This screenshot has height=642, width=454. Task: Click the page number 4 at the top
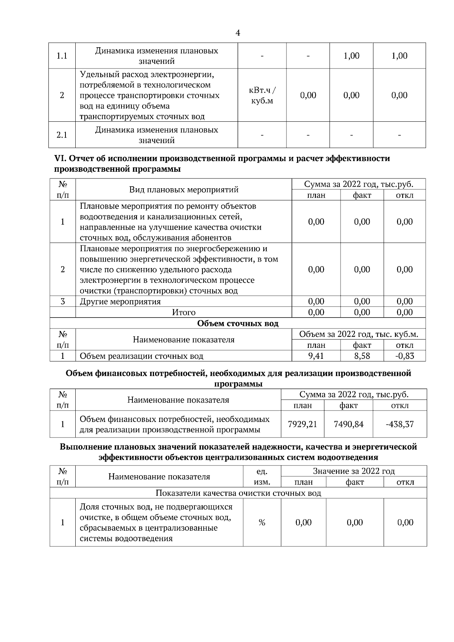pos(238,33)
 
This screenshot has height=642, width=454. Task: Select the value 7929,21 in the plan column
pos(302,424)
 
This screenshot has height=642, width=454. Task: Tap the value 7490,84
pos(348,424)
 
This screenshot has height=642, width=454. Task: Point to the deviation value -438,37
pos(400,424)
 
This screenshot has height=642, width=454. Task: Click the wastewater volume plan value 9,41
pos(316,356)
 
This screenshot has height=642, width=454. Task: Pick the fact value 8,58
pos(362,356)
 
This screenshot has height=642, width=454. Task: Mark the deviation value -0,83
pos(404,356)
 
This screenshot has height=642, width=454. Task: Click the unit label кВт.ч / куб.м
pos(262,96)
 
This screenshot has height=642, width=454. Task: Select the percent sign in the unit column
pos(262,523)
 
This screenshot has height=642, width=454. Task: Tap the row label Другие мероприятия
pos(120,302)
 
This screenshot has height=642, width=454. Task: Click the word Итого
pos(184,312)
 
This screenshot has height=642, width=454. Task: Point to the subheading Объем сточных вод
pos(238,324)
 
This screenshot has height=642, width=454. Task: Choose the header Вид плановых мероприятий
pos(184,190)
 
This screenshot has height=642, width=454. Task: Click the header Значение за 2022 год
pos(353,471)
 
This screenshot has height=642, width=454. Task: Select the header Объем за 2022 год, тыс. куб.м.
pos(358,335)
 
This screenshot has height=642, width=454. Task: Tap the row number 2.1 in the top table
pos(62,135)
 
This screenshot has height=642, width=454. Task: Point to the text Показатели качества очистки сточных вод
pos(238,493)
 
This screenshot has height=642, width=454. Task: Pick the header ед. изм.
pos(262,476)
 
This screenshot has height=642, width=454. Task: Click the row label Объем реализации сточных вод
pos(141,356)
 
